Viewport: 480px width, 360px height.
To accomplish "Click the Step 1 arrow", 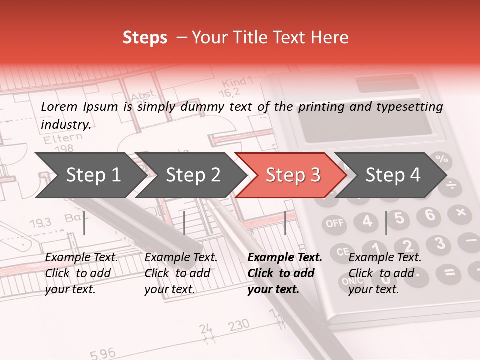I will (x=87, y=175).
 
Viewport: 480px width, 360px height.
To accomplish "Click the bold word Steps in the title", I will (x=145, y=38).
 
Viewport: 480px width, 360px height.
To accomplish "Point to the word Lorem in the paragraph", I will (x=59, y=106).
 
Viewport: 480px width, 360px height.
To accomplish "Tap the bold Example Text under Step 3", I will (x=285, y=258).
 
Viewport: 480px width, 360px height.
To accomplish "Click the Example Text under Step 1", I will (x=81, y=258).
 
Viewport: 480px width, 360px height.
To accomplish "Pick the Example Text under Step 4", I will (x=385, y=258).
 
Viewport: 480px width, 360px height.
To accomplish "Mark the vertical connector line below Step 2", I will (x=184, y=223).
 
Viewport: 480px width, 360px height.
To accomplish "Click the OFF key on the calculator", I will (x=335, y=223).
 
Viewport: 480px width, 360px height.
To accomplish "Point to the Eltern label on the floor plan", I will (x=63, y=139).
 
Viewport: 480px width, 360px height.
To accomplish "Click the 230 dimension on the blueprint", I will (x=239, y=326).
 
